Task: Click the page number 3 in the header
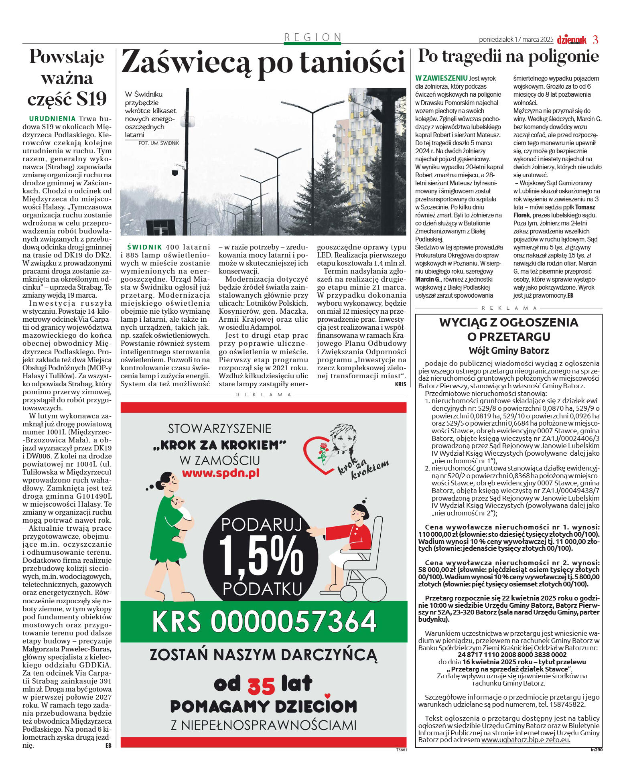[595, 40]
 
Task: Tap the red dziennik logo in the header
[572, 40]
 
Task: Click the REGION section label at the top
[312, 37]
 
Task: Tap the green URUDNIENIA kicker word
[52, 119]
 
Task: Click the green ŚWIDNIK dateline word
[144, 247]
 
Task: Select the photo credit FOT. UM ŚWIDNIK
[158, 143]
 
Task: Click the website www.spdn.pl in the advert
[221, 473]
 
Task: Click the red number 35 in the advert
[261, 686]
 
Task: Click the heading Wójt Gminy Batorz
[509, 351]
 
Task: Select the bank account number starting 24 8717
[509, 654]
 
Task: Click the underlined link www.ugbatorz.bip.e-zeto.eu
[526, 740]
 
